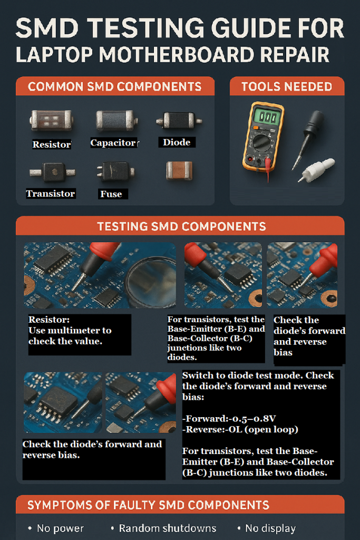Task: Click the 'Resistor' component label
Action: click(x=51, y=144)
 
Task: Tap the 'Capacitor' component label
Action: click(x=113, y=143)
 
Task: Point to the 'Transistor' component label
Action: click(x=51, y=194)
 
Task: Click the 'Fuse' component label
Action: click(x=111, y=194)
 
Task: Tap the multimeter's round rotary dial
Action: click(x=263, y=143)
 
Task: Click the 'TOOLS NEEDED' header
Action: click(x=287, y=86)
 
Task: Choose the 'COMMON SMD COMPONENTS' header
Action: click(x=115, y=86)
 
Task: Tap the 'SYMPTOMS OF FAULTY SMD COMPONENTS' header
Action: click(x=148, y=505)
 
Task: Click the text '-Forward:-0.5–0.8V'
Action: click(x=229, y=419)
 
